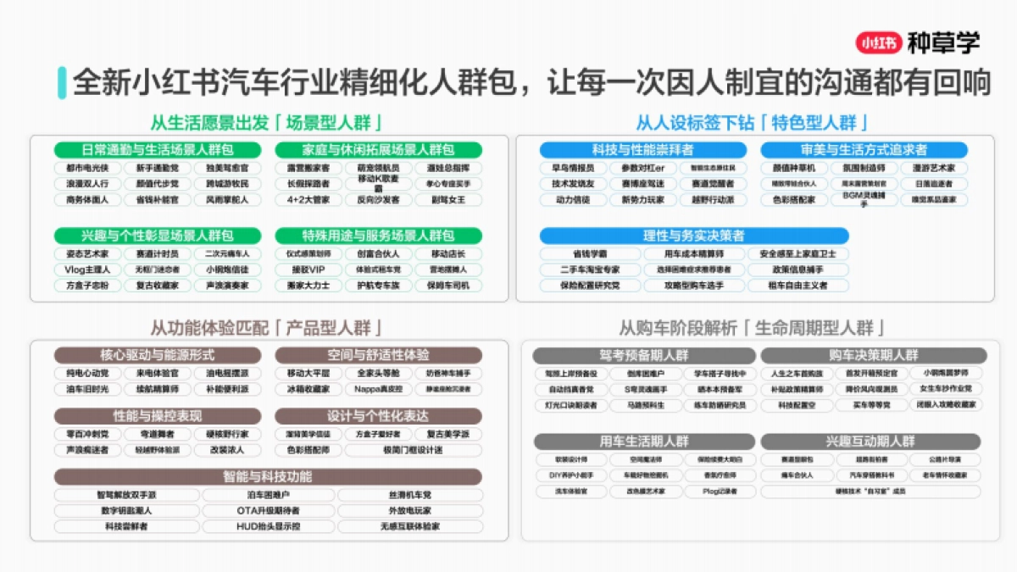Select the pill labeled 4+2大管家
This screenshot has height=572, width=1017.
point(308,200)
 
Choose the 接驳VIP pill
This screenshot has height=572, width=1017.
point(308,269)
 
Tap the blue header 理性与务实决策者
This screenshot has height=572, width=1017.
point(693,236)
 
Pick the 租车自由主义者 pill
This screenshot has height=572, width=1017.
point(797,286)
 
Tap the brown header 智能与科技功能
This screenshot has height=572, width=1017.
point(268,476)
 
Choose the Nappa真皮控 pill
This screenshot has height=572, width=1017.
point(378,389)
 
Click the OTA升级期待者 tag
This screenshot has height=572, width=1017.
point(268,511)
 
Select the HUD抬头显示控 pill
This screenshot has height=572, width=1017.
point(268,526)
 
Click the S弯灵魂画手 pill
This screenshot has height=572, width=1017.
point(646,389)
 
